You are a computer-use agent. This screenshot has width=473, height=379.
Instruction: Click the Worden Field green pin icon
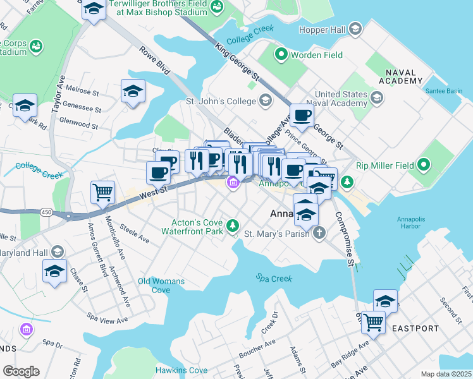280,56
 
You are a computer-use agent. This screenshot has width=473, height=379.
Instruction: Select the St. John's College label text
220,100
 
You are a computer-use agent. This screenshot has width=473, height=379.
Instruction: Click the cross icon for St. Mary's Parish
320,234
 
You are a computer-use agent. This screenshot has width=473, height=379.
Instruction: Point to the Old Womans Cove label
161,285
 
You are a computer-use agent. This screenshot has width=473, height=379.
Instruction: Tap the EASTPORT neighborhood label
414,328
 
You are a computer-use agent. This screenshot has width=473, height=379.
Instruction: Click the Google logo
21,371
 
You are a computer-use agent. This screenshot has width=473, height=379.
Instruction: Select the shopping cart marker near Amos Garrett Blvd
102,192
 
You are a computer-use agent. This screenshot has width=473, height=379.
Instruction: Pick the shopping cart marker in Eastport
373,322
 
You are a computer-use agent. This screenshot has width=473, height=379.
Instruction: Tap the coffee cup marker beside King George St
301,116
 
